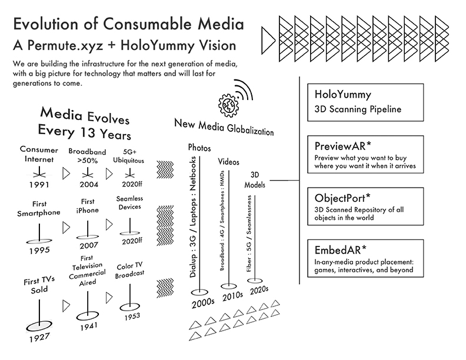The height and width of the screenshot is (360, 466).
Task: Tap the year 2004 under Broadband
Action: pos(88,185)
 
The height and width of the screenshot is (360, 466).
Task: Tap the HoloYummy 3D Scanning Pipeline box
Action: pos(365,102)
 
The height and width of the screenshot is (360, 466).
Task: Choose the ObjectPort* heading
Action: pos(339,198)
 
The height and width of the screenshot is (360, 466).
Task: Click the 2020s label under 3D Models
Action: pos(258,290)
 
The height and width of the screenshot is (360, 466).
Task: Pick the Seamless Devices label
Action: pos(130,204)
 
